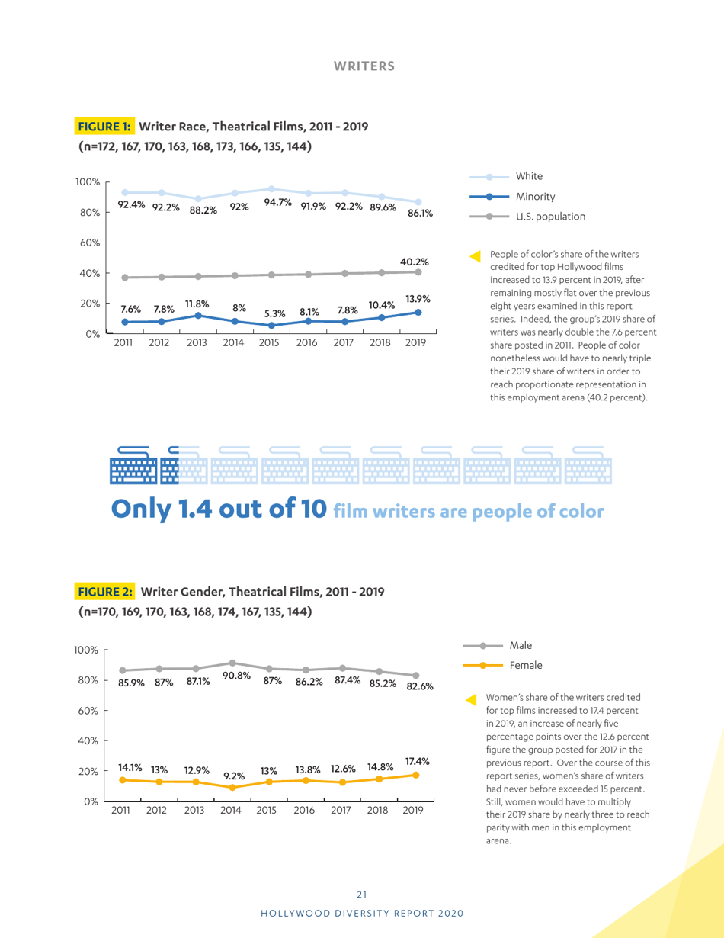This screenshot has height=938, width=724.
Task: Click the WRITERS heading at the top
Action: (x=364, y=66)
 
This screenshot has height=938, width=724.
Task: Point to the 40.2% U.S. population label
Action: (x=415, y=262)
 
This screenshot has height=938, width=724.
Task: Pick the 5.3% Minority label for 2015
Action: (x=274, y=313)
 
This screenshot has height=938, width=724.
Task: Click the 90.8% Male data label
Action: (x=236, y=676)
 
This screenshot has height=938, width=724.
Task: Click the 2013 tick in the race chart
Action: (x=197, y=343)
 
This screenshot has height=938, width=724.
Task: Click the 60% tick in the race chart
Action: (x=88, y=243)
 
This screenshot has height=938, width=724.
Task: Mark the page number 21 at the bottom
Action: (x=362, y=895)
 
